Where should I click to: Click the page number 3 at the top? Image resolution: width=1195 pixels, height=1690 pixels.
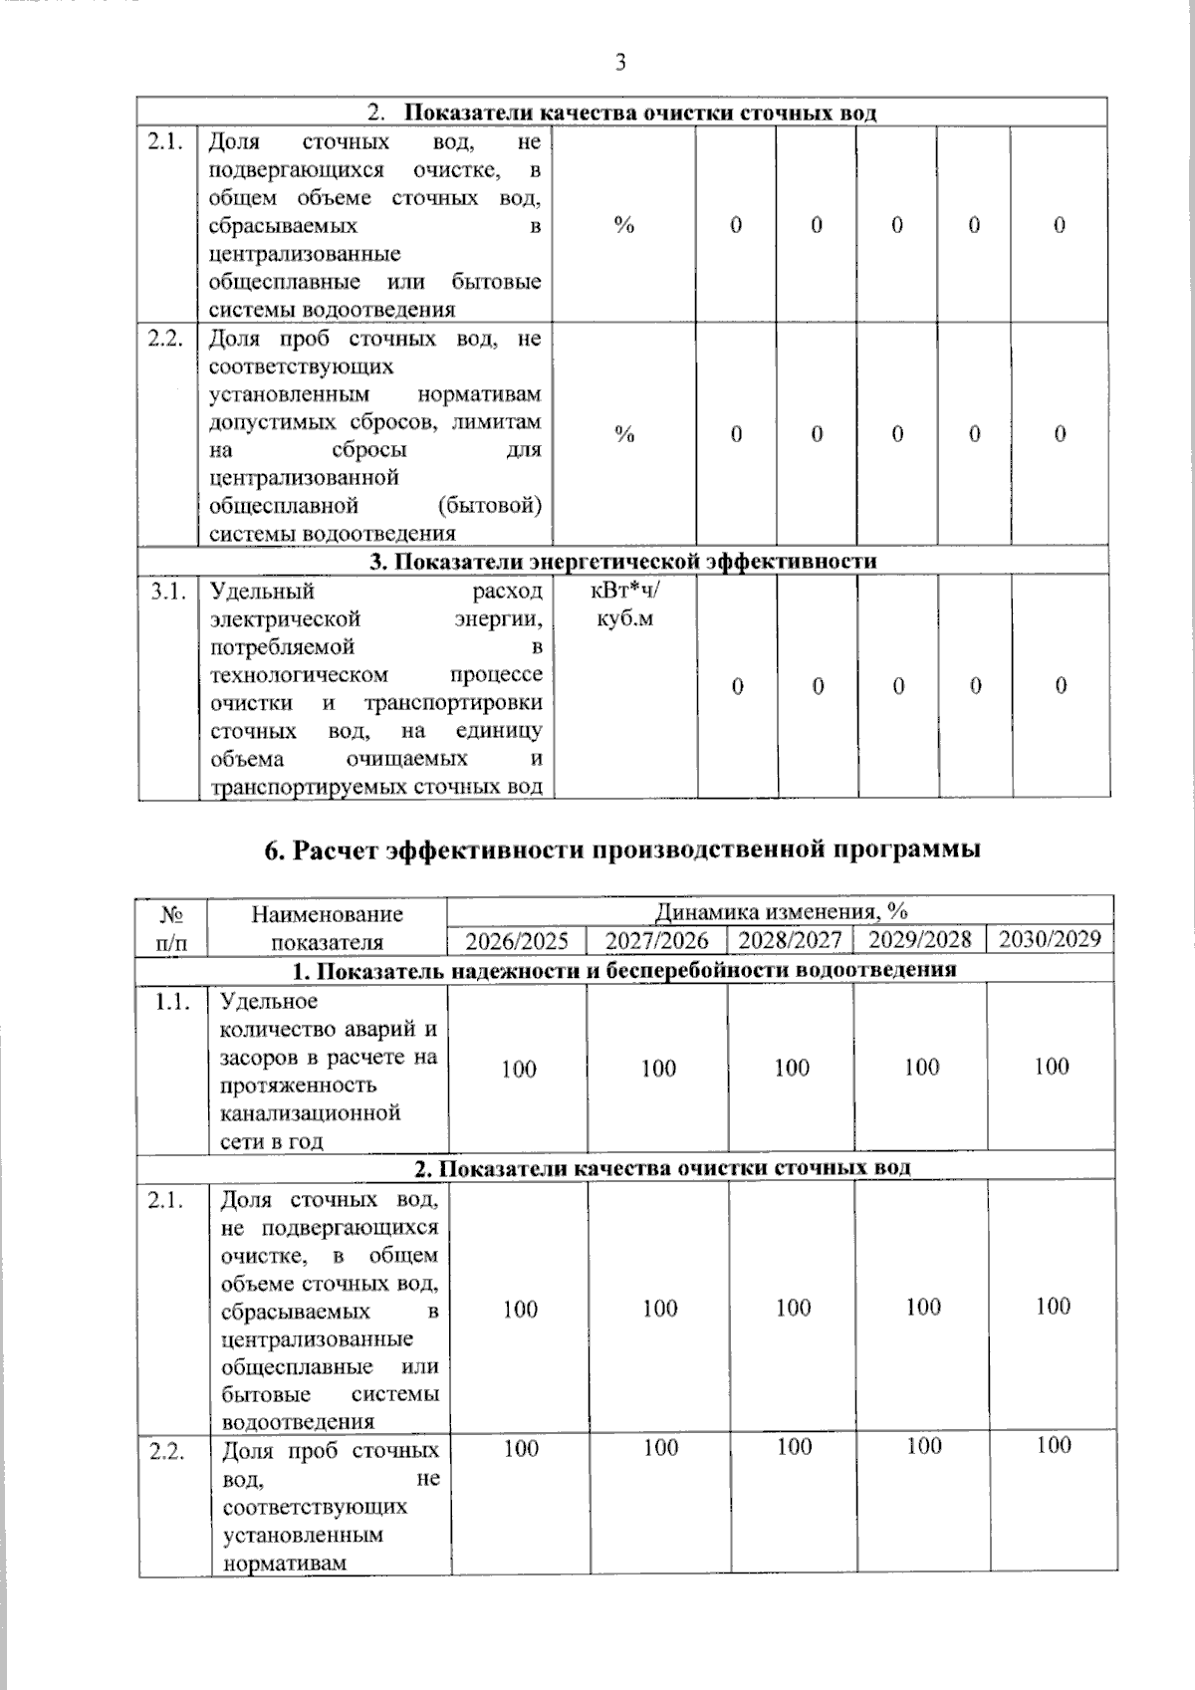620,63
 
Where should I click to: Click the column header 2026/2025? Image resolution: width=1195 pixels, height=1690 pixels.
517,940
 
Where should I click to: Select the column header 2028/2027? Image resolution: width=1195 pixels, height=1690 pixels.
793,940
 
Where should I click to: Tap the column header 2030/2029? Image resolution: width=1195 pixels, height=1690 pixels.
1050,939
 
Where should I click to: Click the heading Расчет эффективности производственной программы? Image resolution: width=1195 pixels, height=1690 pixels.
622,849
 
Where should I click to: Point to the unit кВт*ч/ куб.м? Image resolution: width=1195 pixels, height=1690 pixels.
625,604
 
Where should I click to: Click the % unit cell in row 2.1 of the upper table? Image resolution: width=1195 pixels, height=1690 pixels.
624,226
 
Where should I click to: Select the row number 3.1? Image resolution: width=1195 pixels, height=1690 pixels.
168,592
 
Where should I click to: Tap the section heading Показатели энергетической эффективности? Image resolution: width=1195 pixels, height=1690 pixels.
622,561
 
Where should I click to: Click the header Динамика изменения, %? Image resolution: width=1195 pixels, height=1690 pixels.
781,911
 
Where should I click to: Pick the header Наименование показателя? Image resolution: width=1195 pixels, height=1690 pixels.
327,927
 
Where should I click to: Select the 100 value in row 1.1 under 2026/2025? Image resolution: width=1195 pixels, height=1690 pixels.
519,1070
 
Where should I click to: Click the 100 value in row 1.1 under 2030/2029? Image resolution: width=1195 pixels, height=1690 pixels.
1052,1067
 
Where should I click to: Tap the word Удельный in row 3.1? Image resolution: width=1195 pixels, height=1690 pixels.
262,592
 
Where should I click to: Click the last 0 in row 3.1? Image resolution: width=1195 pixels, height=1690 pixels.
1061,685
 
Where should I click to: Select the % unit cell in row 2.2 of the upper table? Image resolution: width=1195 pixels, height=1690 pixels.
624,434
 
